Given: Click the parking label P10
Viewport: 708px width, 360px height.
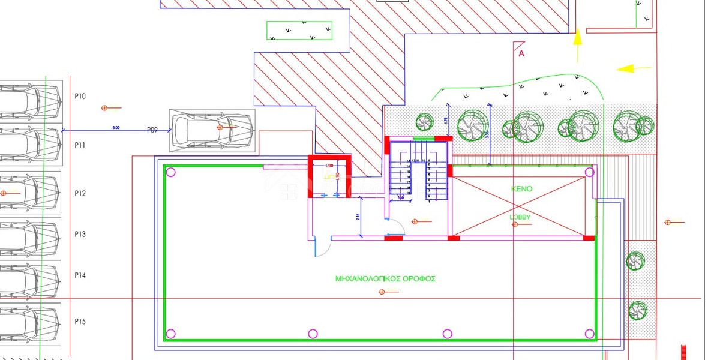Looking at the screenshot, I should (x=80, y=96).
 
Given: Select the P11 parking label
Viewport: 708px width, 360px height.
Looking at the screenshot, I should (x=80, y=146).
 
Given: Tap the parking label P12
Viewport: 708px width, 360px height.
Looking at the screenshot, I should (x=80, y=193).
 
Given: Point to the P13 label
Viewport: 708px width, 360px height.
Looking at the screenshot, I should (x=80, y=234).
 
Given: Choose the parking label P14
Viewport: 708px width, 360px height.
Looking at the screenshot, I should (x=80, y=275).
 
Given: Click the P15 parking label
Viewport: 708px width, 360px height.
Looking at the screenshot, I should (x=80, y=322).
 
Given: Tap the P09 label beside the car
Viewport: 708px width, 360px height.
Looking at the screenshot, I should (x=152, y=130).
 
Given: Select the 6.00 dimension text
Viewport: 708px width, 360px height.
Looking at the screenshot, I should (x=116, y=127).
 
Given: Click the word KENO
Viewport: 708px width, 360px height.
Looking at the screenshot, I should (x=521, y=189).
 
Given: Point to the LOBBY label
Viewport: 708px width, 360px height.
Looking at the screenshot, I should (x=520, y=217).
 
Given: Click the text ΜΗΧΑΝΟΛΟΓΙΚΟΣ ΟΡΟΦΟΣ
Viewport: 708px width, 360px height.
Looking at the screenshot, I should (x=385, y=279).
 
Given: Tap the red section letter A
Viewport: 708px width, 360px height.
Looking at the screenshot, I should (x=521, y=54).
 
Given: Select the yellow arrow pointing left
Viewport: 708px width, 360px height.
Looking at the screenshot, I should (x=627, y=68).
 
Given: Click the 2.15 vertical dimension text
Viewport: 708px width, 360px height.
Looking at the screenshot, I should (x=358, y=217).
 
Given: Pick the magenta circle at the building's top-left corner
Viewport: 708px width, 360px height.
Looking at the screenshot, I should (x=170, y=173).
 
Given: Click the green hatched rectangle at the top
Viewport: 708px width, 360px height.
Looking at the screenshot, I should (x=299, y=31).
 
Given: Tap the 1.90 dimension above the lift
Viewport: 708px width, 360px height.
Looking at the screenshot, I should (x=329, y=166).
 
